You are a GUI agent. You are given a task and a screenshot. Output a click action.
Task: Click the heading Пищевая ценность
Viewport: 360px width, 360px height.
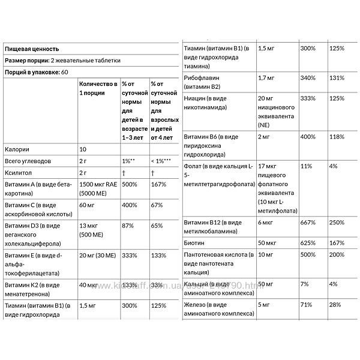point(31,50)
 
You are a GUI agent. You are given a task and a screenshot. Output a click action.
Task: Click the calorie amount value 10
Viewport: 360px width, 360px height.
point(83,149)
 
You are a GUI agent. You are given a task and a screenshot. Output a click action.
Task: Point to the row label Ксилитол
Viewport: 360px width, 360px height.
point(19,172)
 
